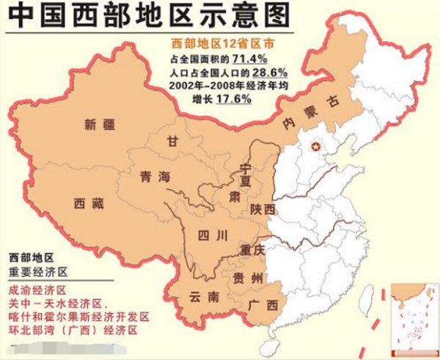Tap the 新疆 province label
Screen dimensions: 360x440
[x=100, y=124]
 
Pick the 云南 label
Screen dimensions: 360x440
[x=203, y=297]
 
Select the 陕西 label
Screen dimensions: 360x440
[x=262, y=210]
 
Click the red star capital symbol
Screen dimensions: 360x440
[x=317, y=145]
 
